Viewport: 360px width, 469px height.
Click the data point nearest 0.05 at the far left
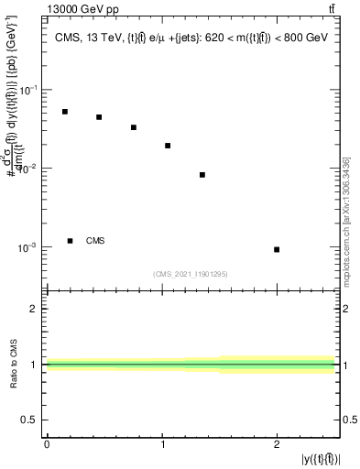[65, 112]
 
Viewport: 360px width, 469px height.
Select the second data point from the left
[99, 117]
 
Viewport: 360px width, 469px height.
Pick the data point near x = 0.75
[134, 127]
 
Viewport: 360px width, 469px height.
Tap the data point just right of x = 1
[168, 146]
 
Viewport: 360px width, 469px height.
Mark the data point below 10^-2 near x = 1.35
[202, 175]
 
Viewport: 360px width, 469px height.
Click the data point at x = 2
[277, 249]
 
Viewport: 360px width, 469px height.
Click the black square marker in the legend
[71, 241]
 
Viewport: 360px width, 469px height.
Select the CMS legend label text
[95, 241]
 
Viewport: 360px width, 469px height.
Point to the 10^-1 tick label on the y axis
[28, 90]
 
